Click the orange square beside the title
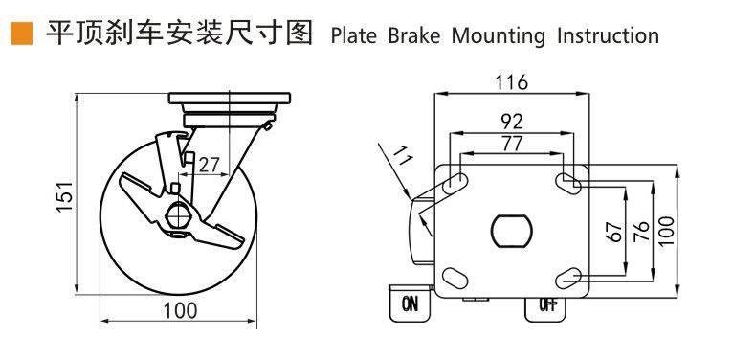[x=21, y=34]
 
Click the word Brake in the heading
[x=414, y=36]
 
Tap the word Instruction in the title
[x=608, y=36]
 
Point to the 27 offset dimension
[x=209, y=165]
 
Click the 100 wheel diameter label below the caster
[x=180, y=310]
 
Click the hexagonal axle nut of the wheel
[x=179, y=214]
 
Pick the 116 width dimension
[x=511, y=82]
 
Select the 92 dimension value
[x=511, y=123]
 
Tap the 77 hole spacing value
[x=511, y=144]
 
